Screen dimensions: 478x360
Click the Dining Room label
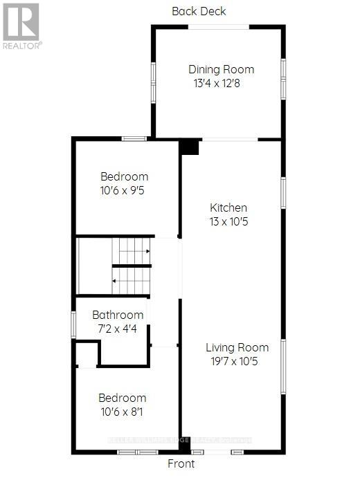click(x=221, y=69)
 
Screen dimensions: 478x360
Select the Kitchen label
click(x=228, y=208)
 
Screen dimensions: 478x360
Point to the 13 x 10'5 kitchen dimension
click(x=228, y=222)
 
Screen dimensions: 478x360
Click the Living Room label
click(x=237, y=347)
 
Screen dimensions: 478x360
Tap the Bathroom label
click(x=118, y=315)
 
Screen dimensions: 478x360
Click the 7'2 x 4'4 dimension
click(x=118, y=329)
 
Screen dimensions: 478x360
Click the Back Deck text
click(x=199, y=11)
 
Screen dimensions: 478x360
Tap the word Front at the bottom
click(x=181, y=463)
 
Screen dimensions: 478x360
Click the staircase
click(x=114, y=266)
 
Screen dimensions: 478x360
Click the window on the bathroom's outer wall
click(x=73, y=324)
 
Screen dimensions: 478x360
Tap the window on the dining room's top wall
click(x=219, y=27)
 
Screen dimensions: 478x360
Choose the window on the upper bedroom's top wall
click(x=134, y=139)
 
